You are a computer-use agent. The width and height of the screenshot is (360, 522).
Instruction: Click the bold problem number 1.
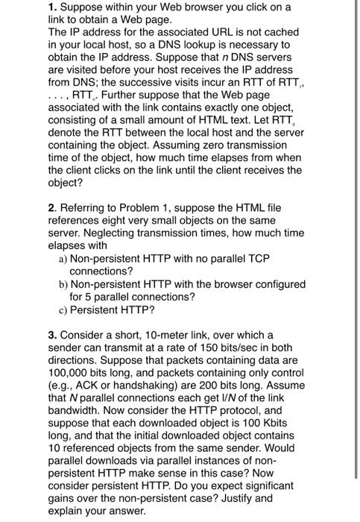[52, 7]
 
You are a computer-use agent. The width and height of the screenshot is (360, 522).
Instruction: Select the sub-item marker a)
[63, 257]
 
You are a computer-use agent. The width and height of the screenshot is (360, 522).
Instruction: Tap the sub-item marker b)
[63, 284]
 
